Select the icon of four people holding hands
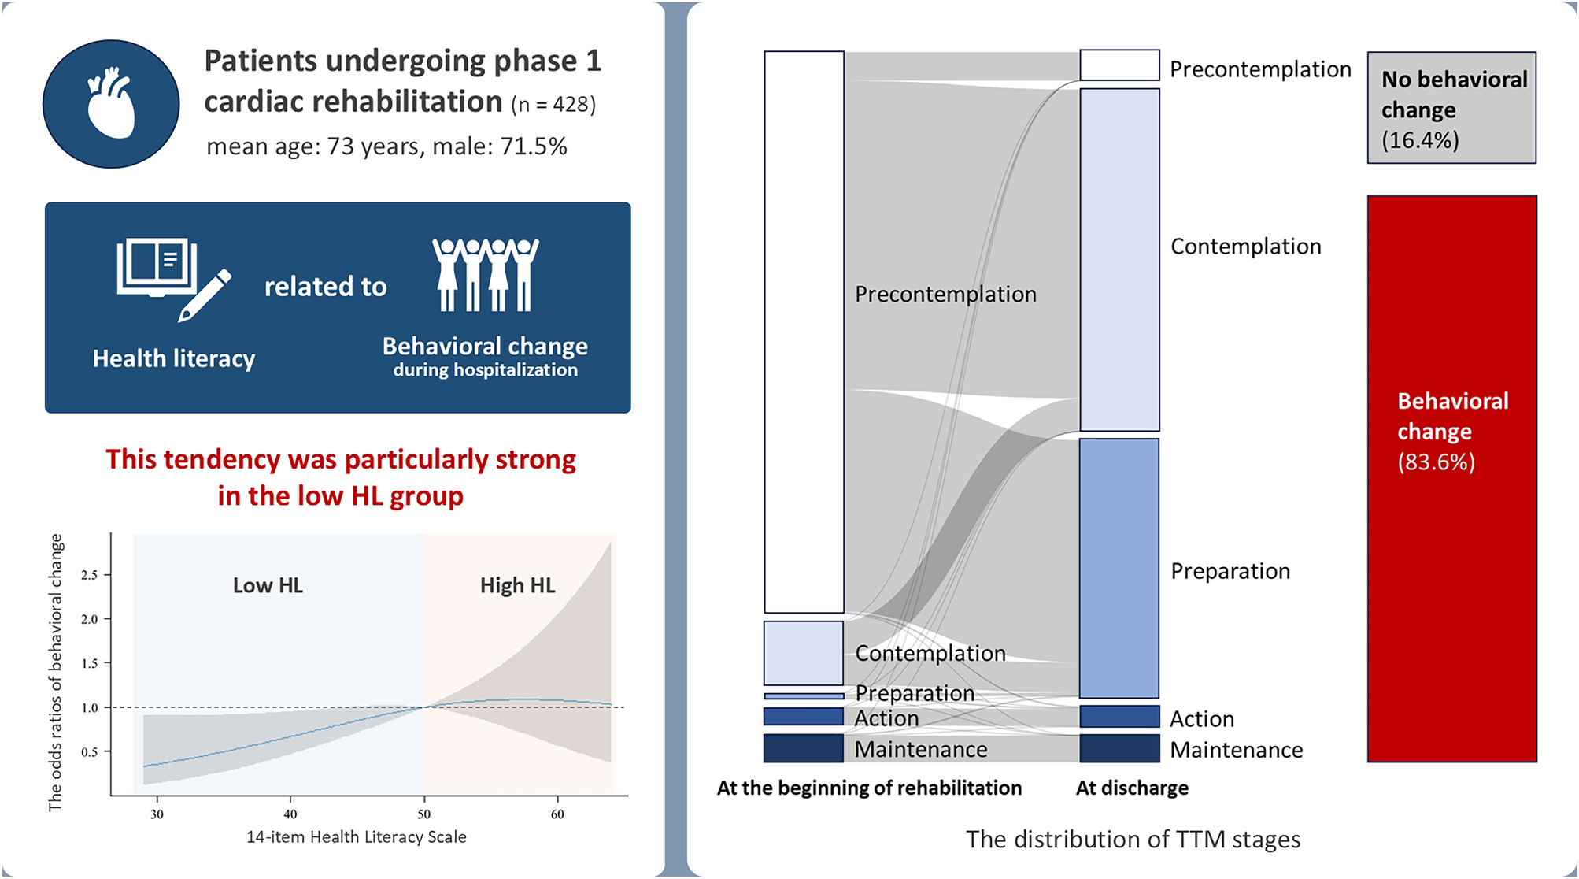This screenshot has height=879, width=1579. pyautogui.click(x=486, y=274)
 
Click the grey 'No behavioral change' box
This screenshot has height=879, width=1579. pyautogui.click(x=1451, y=108)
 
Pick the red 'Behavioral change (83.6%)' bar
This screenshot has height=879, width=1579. pyautogui.click(x=1451, y=478)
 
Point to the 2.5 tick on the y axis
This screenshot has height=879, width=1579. pyautogui.click(x=90, y=575)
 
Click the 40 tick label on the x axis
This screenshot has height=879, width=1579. pyautogui.click(x=290, y=814)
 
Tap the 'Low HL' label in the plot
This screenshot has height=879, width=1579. pyautogui.click(x=268, y=585)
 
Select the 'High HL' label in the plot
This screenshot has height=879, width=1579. pyautogui.click(x=517, y=585)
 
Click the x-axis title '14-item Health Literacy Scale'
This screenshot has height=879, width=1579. pyautogui.click(x=357, y=836)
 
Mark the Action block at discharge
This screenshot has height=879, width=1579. pyautogui.click(x=1119, y=716)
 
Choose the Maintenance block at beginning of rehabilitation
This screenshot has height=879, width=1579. pyautogui.click(x=804, y=748)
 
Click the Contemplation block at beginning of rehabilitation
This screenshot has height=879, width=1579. pyautogui.click(x=804, y=653)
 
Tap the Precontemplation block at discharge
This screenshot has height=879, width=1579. pyautogui.click(x=1119, y=65)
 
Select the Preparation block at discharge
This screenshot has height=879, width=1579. pyautogui.click(x=1119, y=568)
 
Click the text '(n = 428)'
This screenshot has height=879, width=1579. pyautogui.click(x=553, y=104)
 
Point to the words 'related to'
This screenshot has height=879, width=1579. pyautogui.click(x=325, y=287)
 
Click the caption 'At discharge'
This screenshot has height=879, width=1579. pyautogui.click(x=1132, y=788)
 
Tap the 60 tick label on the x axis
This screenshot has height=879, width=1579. pyautogui.click(x=557, y=814)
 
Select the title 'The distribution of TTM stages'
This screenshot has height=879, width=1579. pyautogui.click(x=1133, y=840)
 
